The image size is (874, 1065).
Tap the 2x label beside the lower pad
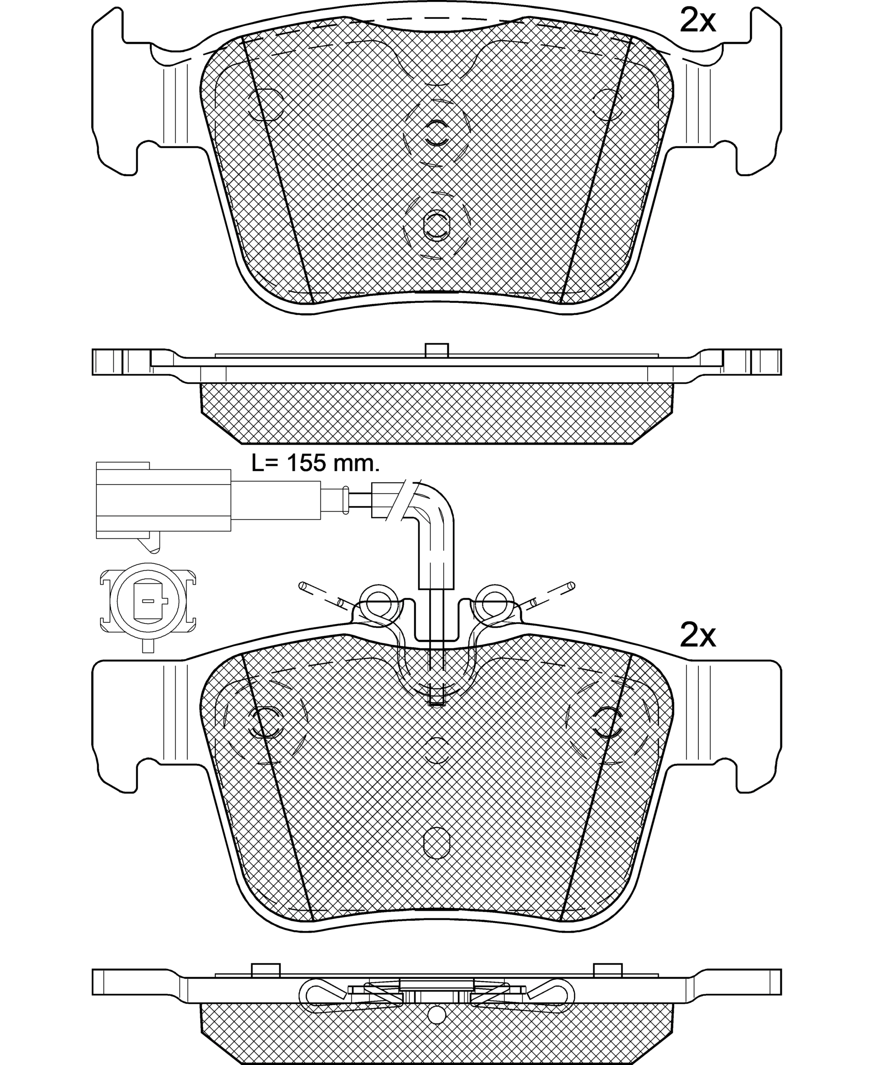click(x=697, y=636)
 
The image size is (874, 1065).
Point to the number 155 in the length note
click(x=306, y=463)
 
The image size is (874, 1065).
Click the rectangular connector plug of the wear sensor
click(x=164, y=500)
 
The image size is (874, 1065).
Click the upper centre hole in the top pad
click(x=437, y=133)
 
